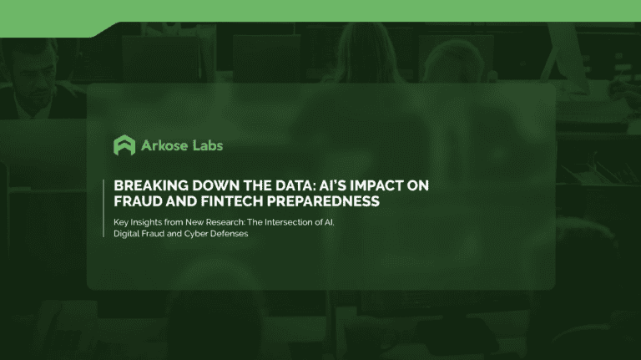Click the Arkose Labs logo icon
pyautogui.click(x=124, y=145)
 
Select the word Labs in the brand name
pyautogui.click(x=206, y=145)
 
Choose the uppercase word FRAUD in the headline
pyautogui.click(x=137, y=201)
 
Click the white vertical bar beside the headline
pyautogui.click(x=105, y=194)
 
